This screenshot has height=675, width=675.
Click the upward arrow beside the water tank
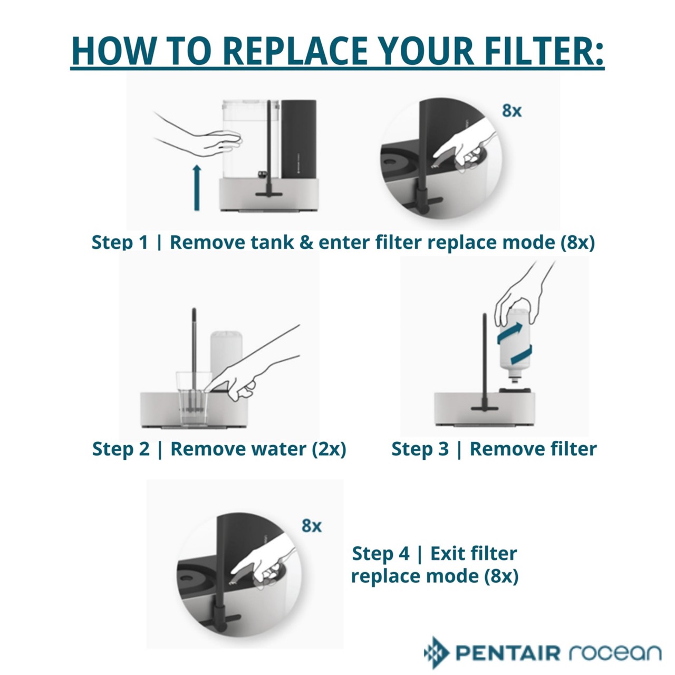(197, 187)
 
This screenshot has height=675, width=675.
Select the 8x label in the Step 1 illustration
(512, 111)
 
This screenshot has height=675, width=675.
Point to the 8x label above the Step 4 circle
(311, 526)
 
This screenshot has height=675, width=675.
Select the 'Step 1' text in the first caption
(120, 242)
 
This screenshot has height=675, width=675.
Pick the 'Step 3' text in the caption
(420, 449)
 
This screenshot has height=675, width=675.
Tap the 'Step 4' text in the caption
(380, 554)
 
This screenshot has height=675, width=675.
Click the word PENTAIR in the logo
(508, 653)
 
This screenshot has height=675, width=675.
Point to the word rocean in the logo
(615, 653)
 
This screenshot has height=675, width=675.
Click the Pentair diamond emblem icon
(436, 653)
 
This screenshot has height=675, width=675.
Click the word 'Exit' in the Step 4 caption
(448, 554)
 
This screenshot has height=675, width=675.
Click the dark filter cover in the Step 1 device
(298, 138)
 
